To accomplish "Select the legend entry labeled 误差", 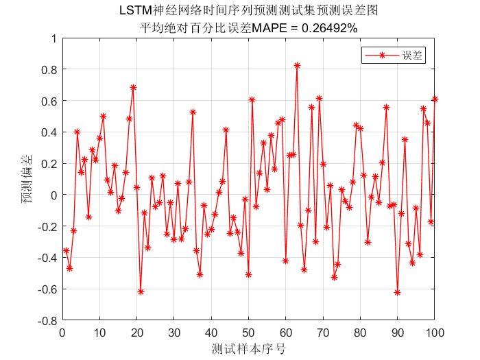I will point(413,56).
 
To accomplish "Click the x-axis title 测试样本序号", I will point(248,348).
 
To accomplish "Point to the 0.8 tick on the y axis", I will point(49,69).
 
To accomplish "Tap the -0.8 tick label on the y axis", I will point(47,320).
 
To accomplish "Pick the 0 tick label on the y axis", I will point(53,195).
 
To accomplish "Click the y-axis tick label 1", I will point(53,38).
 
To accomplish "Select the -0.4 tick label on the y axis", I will point(47,258).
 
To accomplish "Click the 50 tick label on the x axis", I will point(248,333).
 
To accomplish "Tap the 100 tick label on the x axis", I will point(434,333).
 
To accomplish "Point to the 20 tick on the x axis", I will point(137,333).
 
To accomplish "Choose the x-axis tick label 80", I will point(360,333).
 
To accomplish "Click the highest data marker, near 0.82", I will point(297,65).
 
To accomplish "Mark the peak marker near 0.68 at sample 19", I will point(133,87).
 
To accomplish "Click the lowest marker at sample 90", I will point(397,292).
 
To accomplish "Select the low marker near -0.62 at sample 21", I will point(141,291).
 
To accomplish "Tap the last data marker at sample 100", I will point(435,99).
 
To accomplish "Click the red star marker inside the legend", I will point(381,56).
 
